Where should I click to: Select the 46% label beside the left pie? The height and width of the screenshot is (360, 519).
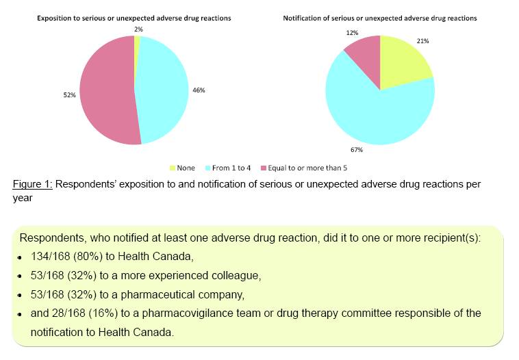pos(199,90)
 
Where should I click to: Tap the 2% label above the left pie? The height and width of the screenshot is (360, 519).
pos(139,29)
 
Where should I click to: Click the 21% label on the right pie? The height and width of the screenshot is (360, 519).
pos(422,41)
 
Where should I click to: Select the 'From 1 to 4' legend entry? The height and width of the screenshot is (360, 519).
pos(229,168)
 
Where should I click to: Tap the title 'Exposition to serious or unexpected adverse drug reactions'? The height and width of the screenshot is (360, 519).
pos(134,18)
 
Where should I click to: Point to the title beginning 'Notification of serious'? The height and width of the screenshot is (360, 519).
pos(380,18)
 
